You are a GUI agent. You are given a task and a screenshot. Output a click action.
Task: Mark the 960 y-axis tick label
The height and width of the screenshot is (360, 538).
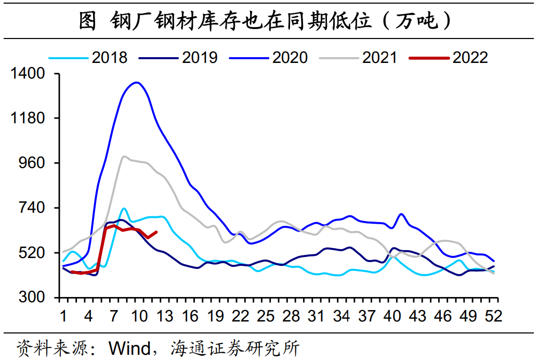click(x=32, y=163)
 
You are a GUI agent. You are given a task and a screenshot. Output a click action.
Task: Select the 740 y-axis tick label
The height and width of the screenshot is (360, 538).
click(x=32, y=208)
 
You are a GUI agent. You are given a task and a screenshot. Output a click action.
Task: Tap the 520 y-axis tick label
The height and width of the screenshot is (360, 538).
click(x=32, y=253)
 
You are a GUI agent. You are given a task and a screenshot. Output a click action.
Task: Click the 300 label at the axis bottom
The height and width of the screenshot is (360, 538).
click(x=32, y=298)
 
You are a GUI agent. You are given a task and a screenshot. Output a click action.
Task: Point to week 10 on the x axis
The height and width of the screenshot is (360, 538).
click(x=139, y=316)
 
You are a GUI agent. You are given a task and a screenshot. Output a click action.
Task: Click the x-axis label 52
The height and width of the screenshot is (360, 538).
click(x=493, y=316)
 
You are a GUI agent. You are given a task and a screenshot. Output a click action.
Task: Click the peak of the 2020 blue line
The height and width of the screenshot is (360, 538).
click(x=136, y=82)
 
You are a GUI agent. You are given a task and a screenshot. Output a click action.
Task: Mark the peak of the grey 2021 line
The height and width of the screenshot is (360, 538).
click(x=123, y=156)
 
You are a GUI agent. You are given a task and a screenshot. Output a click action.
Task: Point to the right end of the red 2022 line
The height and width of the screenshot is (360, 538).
click(x=156, y=232)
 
